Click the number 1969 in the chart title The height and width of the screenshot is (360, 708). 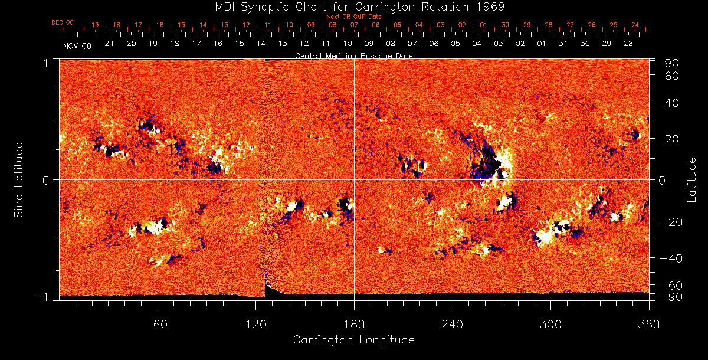(491, 6)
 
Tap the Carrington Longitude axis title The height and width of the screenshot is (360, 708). (354, 340)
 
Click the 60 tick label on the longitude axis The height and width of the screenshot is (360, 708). (158, 324)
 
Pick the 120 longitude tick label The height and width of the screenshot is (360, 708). (256, 324)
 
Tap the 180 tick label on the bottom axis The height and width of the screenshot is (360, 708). (354, 324)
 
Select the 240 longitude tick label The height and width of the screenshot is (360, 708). (453, 324)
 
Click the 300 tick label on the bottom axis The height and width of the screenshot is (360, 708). (550, 324)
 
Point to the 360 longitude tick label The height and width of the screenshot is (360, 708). (649, 324)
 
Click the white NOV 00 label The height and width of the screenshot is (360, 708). (77, 45)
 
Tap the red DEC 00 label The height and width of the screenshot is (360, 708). (62, 22)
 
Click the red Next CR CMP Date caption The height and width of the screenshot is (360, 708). (353, 17)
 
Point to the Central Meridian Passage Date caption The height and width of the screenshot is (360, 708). (353, 55)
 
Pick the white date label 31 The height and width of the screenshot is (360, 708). (563, 44)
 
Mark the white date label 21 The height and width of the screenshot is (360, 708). (109, 44)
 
